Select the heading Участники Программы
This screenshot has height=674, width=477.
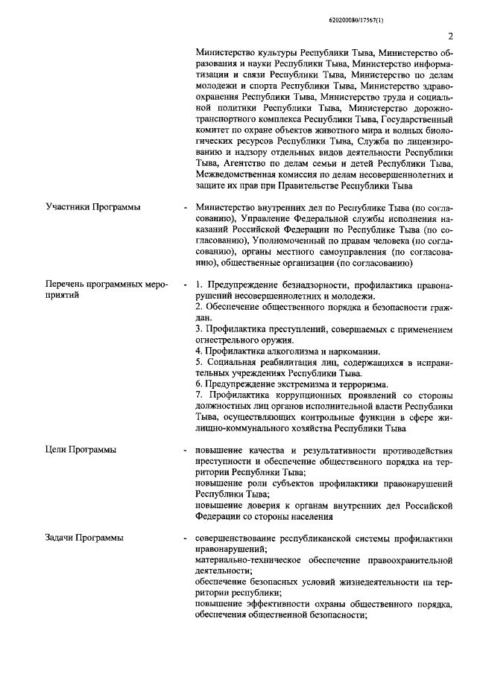(x=92, y=206)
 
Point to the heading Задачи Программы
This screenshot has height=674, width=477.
(x=84, y=537)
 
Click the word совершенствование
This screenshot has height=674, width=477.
(x=238, y=537)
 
